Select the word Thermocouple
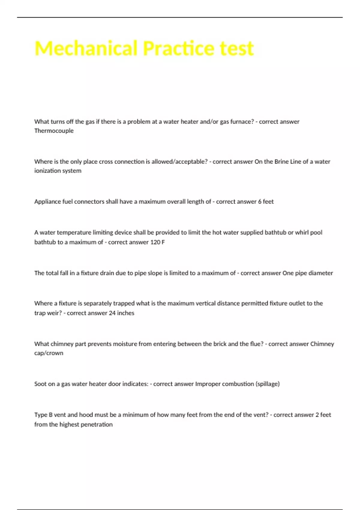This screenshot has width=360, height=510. point(54,131)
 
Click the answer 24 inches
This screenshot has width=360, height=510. point(121,313)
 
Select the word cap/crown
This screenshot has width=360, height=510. point(49,353)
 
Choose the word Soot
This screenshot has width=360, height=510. point(40,384)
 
